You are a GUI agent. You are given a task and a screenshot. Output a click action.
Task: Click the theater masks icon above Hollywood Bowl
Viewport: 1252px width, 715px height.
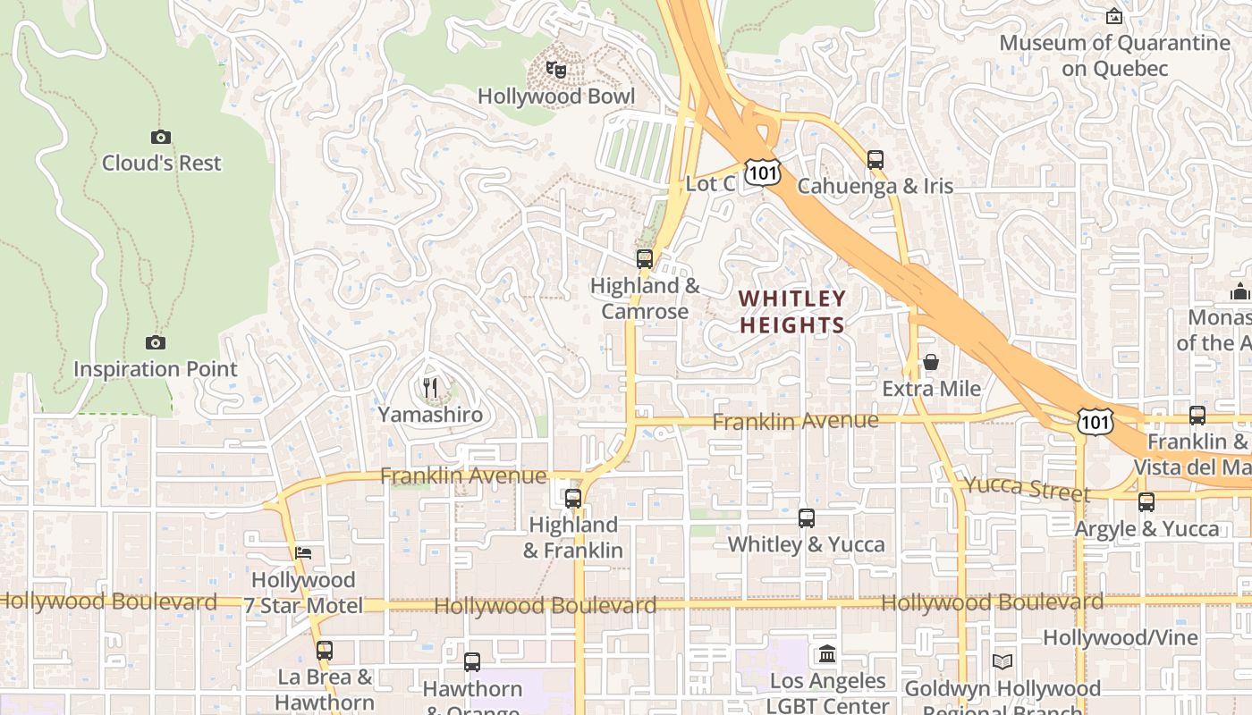[x=556, y=69]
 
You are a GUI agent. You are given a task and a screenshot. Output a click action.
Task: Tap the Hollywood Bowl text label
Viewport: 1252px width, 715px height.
[x=556, y=97]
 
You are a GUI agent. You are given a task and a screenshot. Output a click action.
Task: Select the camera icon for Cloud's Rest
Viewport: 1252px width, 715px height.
[x=161, y=137]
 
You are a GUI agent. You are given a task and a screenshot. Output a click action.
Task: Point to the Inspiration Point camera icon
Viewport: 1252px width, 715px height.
[x=156, y=342]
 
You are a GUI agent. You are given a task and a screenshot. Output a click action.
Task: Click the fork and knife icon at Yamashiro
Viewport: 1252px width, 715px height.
[x=430, y=388]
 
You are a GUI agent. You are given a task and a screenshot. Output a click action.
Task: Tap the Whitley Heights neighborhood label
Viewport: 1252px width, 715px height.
[x=792, y=311]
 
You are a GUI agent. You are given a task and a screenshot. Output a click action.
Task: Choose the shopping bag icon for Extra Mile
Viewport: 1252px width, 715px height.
[x=931, y=362]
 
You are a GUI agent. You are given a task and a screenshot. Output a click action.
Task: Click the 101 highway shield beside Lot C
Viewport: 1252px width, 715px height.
[x=764, y=174]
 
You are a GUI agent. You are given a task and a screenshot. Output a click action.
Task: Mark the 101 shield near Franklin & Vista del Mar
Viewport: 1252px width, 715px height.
[x=1095, y=420]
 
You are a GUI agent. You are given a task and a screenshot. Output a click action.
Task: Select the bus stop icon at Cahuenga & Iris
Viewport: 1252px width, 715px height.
[x=876, y=160]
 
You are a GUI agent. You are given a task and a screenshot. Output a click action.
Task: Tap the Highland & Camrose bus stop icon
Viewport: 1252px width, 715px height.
[x=645, y=259]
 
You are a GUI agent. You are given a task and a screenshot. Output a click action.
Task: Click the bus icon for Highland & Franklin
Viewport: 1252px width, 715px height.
[x=573, y=498]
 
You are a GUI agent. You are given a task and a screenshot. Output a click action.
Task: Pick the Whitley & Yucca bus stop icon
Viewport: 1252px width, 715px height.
[x=807, y=517]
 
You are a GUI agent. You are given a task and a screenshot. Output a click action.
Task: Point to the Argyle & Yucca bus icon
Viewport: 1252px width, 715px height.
[x=1146, y=502]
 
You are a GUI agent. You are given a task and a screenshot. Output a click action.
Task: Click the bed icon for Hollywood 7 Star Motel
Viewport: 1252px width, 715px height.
[x=303, y=553]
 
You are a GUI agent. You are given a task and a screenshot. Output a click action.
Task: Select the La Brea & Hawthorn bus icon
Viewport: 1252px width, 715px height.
[x=325, y=650]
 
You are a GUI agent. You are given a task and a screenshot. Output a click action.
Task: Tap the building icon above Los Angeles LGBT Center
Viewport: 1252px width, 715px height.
[x=827, y=654]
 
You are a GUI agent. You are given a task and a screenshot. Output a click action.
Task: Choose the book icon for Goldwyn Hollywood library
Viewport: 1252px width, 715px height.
[x=1002, y=661]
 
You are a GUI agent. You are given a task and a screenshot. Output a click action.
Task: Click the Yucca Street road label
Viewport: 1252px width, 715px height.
[x=1027, y=489]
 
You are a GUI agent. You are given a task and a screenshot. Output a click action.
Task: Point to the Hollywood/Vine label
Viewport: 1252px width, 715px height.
[x=1120, y=637]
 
